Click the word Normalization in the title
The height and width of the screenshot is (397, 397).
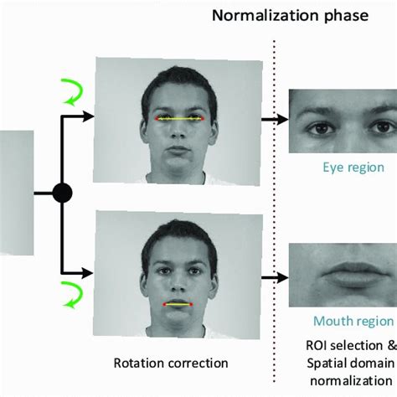(x=265, y=16)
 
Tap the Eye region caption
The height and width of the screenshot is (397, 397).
(x=353, y=168)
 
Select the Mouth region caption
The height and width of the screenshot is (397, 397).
(x=353, y=321)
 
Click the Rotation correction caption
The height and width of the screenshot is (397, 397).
(x=171, y=363)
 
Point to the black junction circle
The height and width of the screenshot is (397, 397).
(x=63, y=193)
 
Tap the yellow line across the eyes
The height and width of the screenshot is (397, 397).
(x=180, y=119)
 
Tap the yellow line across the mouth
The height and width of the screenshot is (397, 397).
(x=178, y=304)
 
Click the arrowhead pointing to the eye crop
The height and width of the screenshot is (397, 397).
(x=282, y=120)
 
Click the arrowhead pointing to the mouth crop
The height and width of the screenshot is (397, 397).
(x=282, y=277)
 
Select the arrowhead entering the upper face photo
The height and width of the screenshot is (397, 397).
(x=88, y=116)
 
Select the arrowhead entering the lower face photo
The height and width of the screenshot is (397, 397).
(x=87, y=273)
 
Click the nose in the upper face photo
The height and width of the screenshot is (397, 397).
(x=178, y=131)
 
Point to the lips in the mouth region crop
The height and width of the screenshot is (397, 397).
(x=354, y=275)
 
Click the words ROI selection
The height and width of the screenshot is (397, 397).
(x=344, y=346)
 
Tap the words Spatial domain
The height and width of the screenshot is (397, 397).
(x=350, y=363)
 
